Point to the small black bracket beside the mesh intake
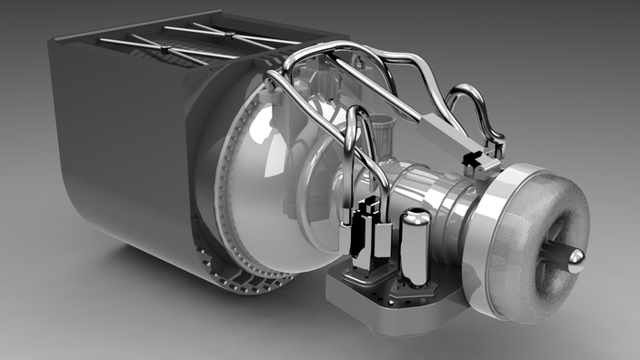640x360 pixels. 474,162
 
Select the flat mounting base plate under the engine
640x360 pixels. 391,300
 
